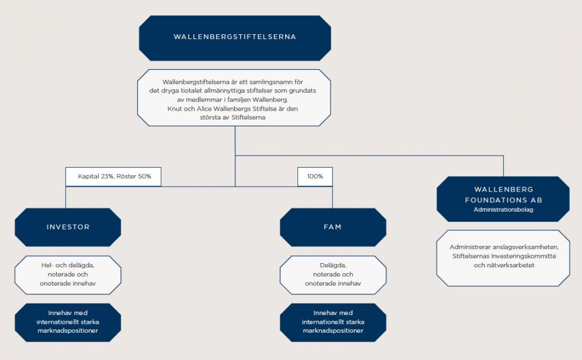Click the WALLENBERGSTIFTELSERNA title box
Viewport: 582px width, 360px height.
point(235,38)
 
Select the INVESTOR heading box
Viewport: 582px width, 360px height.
point(68,227)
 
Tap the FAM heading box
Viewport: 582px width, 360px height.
point(333,227)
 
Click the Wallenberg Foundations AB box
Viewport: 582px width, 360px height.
point(503,199)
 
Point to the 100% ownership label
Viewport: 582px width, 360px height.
point(315,177)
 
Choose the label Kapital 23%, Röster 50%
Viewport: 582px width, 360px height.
point(113,177)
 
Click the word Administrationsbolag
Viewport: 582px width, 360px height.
point(503,210)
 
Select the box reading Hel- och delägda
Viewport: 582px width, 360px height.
point(68,275)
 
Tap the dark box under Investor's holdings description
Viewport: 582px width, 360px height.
point(68,323)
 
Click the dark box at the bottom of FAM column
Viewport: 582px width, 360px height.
point(333,323)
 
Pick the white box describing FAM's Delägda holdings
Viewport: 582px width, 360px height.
point(333,275)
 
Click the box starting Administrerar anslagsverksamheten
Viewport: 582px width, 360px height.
point(503,258)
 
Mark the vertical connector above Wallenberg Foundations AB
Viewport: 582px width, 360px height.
point(504,166)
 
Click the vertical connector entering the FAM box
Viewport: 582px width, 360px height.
point(332,197)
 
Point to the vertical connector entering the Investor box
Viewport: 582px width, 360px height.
point(66,197)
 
